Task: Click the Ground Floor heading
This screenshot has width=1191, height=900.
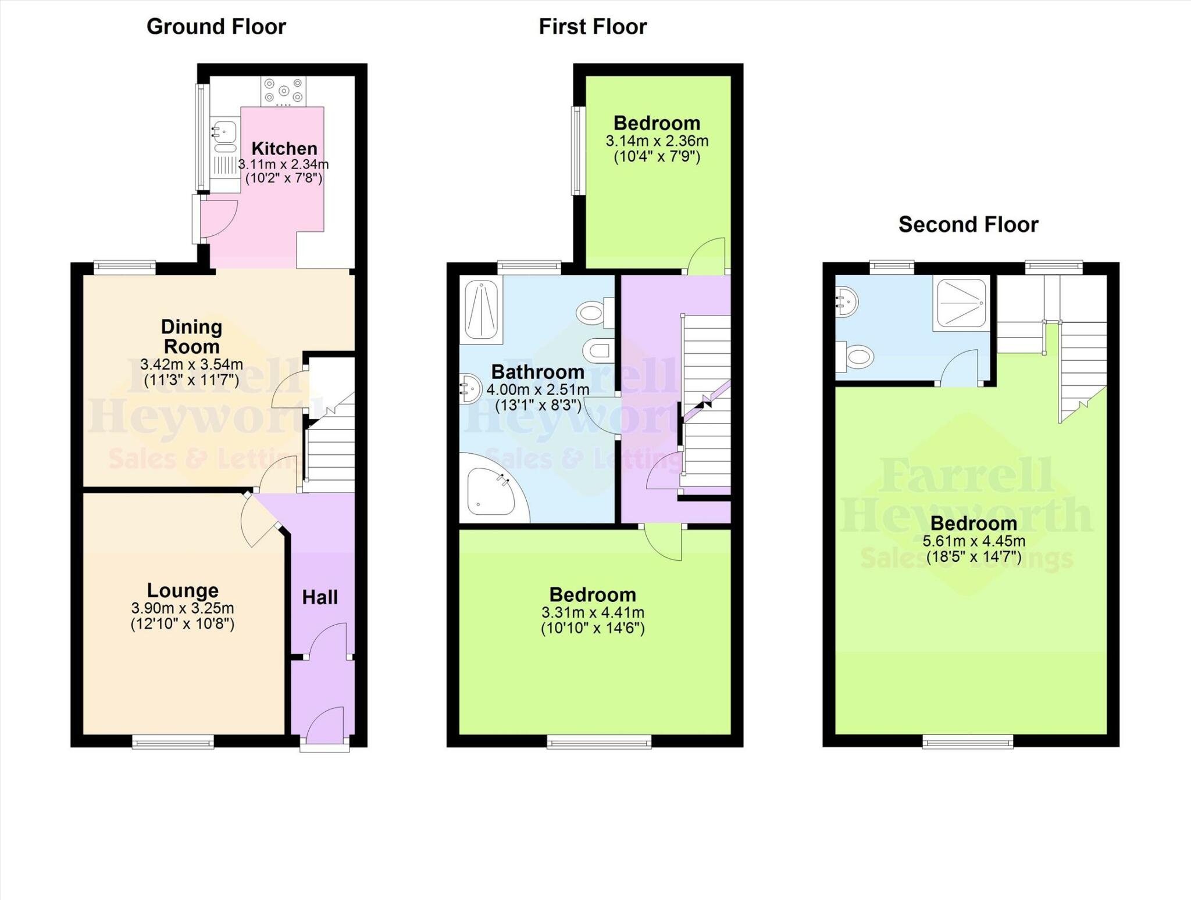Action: [x=216, y=27]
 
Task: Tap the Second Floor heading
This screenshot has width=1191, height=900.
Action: [x=968, y=225]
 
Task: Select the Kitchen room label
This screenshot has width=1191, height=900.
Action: [x=284, y=148]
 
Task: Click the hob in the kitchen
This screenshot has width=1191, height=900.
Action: [x=283, y=91]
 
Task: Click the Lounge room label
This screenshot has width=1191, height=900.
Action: [x=183, y=590]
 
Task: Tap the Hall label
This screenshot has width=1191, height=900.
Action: [x=320, y=597]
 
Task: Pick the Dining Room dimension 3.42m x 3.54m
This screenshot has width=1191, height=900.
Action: [x=191, y=365]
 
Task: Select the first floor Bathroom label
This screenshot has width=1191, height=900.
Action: [x=537, y=372]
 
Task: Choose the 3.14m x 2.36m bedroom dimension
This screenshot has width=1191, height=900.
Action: [x=657, y=141]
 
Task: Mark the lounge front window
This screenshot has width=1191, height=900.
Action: [x=173, y=742]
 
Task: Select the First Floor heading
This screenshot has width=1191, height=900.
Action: [x=592, y=27]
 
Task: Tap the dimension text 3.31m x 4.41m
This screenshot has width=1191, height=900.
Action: [x=593, y=612]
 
